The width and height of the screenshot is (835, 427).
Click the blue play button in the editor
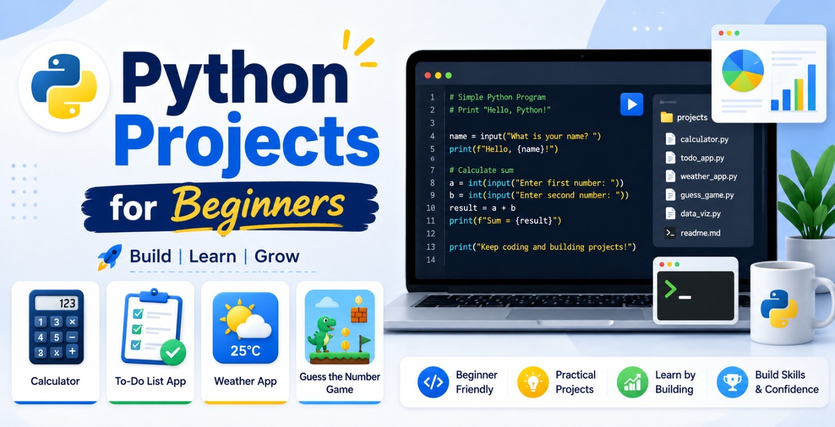[631, 104]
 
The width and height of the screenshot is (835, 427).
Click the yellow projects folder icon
[666, 117]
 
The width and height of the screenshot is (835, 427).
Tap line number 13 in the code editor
[431, 247]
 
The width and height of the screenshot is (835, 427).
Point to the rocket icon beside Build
[110, 257]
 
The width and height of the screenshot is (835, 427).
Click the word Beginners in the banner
[258, 207]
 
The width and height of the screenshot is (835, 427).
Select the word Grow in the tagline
[277, 256]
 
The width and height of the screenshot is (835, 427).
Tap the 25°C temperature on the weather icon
[245, 351]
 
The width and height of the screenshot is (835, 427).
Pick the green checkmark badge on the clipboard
[173, 352]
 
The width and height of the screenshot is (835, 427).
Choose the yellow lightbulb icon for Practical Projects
[533, 382]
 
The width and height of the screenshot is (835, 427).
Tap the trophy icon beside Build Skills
[732, 382]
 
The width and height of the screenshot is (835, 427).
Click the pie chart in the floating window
[743, 70]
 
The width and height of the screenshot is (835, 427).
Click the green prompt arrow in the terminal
[670, 290]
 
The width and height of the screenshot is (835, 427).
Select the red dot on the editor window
[427, 76]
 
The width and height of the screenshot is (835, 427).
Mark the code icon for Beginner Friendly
[433, 382]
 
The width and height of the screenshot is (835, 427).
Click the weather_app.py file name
[709, 176]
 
